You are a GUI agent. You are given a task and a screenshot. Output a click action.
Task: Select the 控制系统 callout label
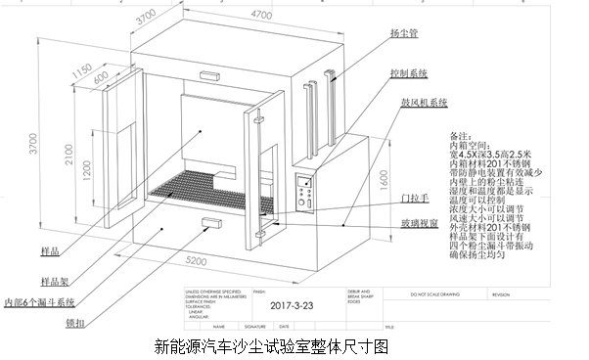tap(410, 72)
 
